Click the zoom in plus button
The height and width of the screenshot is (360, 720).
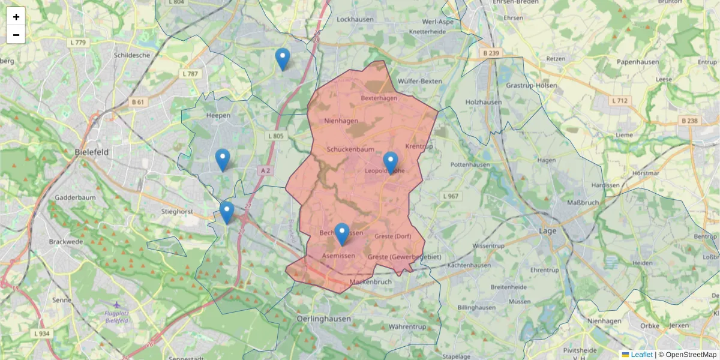[x=16, y=16]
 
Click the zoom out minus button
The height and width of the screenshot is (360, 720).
[x=16, y=35]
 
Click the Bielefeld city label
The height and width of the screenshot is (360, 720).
[x=92, y=152]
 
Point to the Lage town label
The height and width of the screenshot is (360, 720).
[x=547, y=230]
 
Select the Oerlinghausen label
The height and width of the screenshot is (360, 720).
[x=324, y=319]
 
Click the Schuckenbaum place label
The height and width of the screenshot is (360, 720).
[x=350, y=149]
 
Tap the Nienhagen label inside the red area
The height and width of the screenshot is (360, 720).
[x=341, y=121]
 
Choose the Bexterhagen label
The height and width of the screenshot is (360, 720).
[x=379, y=98]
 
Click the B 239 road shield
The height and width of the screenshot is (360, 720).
[x=491, y=53]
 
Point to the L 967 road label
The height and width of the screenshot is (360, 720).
[x=450, y=196]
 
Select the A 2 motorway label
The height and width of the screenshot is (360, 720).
[x=265, y=170]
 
